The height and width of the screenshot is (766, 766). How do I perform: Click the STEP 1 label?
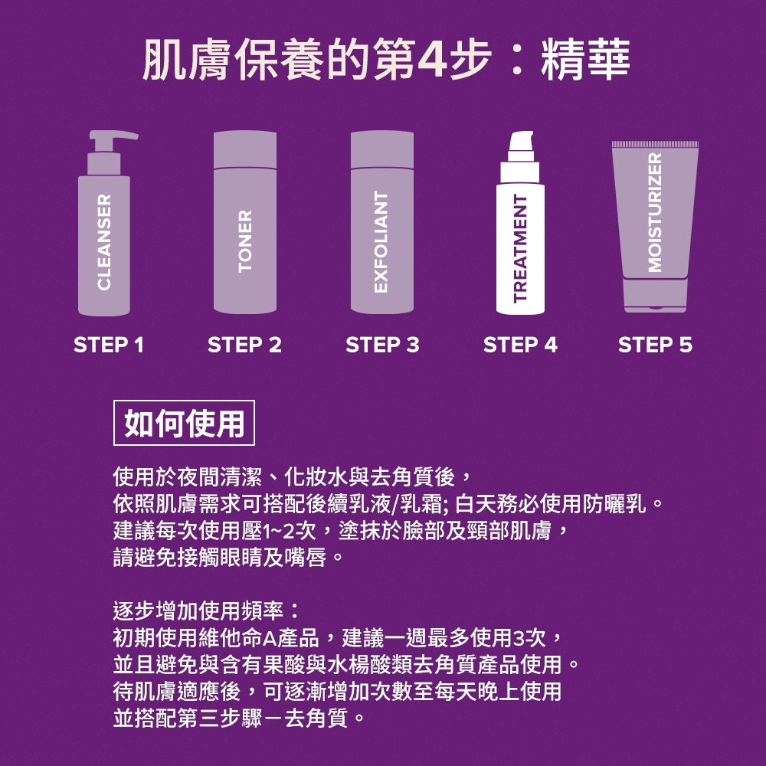(109, 345)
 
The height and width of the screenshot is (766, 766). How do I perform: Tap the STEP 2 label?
(245, 345)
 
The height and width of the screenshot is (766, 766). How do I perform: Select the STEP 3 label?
(382, 345)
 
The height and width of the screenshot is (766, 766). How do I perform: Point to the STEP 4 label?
(520, 345)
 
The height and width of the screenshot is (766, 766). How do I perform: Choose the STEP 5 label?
(655, 345)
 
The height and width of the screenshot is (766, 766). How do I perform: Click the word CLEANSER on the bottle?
(104, 242)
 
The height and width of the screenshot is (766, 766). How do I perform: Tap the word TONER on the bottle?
(245, 241)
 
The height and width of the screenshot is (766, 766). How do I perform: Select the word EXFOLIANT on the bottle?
(381, 242)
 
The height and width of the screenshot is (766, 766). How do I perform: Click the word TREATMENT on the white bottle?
(521, 248)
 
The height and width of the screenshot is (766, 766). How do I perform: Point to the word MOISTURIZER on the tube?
(655, 212)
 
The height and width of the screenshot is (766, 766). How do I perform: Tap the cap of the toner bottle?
(245, 149)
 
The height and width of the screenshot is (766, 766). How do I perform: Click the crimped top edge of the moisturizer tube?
(655, 145)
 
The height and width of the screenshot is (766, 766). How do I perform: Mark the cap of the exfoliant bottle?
(382, 149)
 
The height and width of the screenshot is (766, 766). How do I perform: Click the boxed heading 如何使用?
(184, 423)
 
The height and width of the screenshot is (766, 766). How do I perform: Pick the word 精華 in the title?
(585, 60)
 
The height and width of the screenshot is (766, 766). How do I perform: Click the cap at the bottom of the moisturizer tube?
(655, 295)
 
